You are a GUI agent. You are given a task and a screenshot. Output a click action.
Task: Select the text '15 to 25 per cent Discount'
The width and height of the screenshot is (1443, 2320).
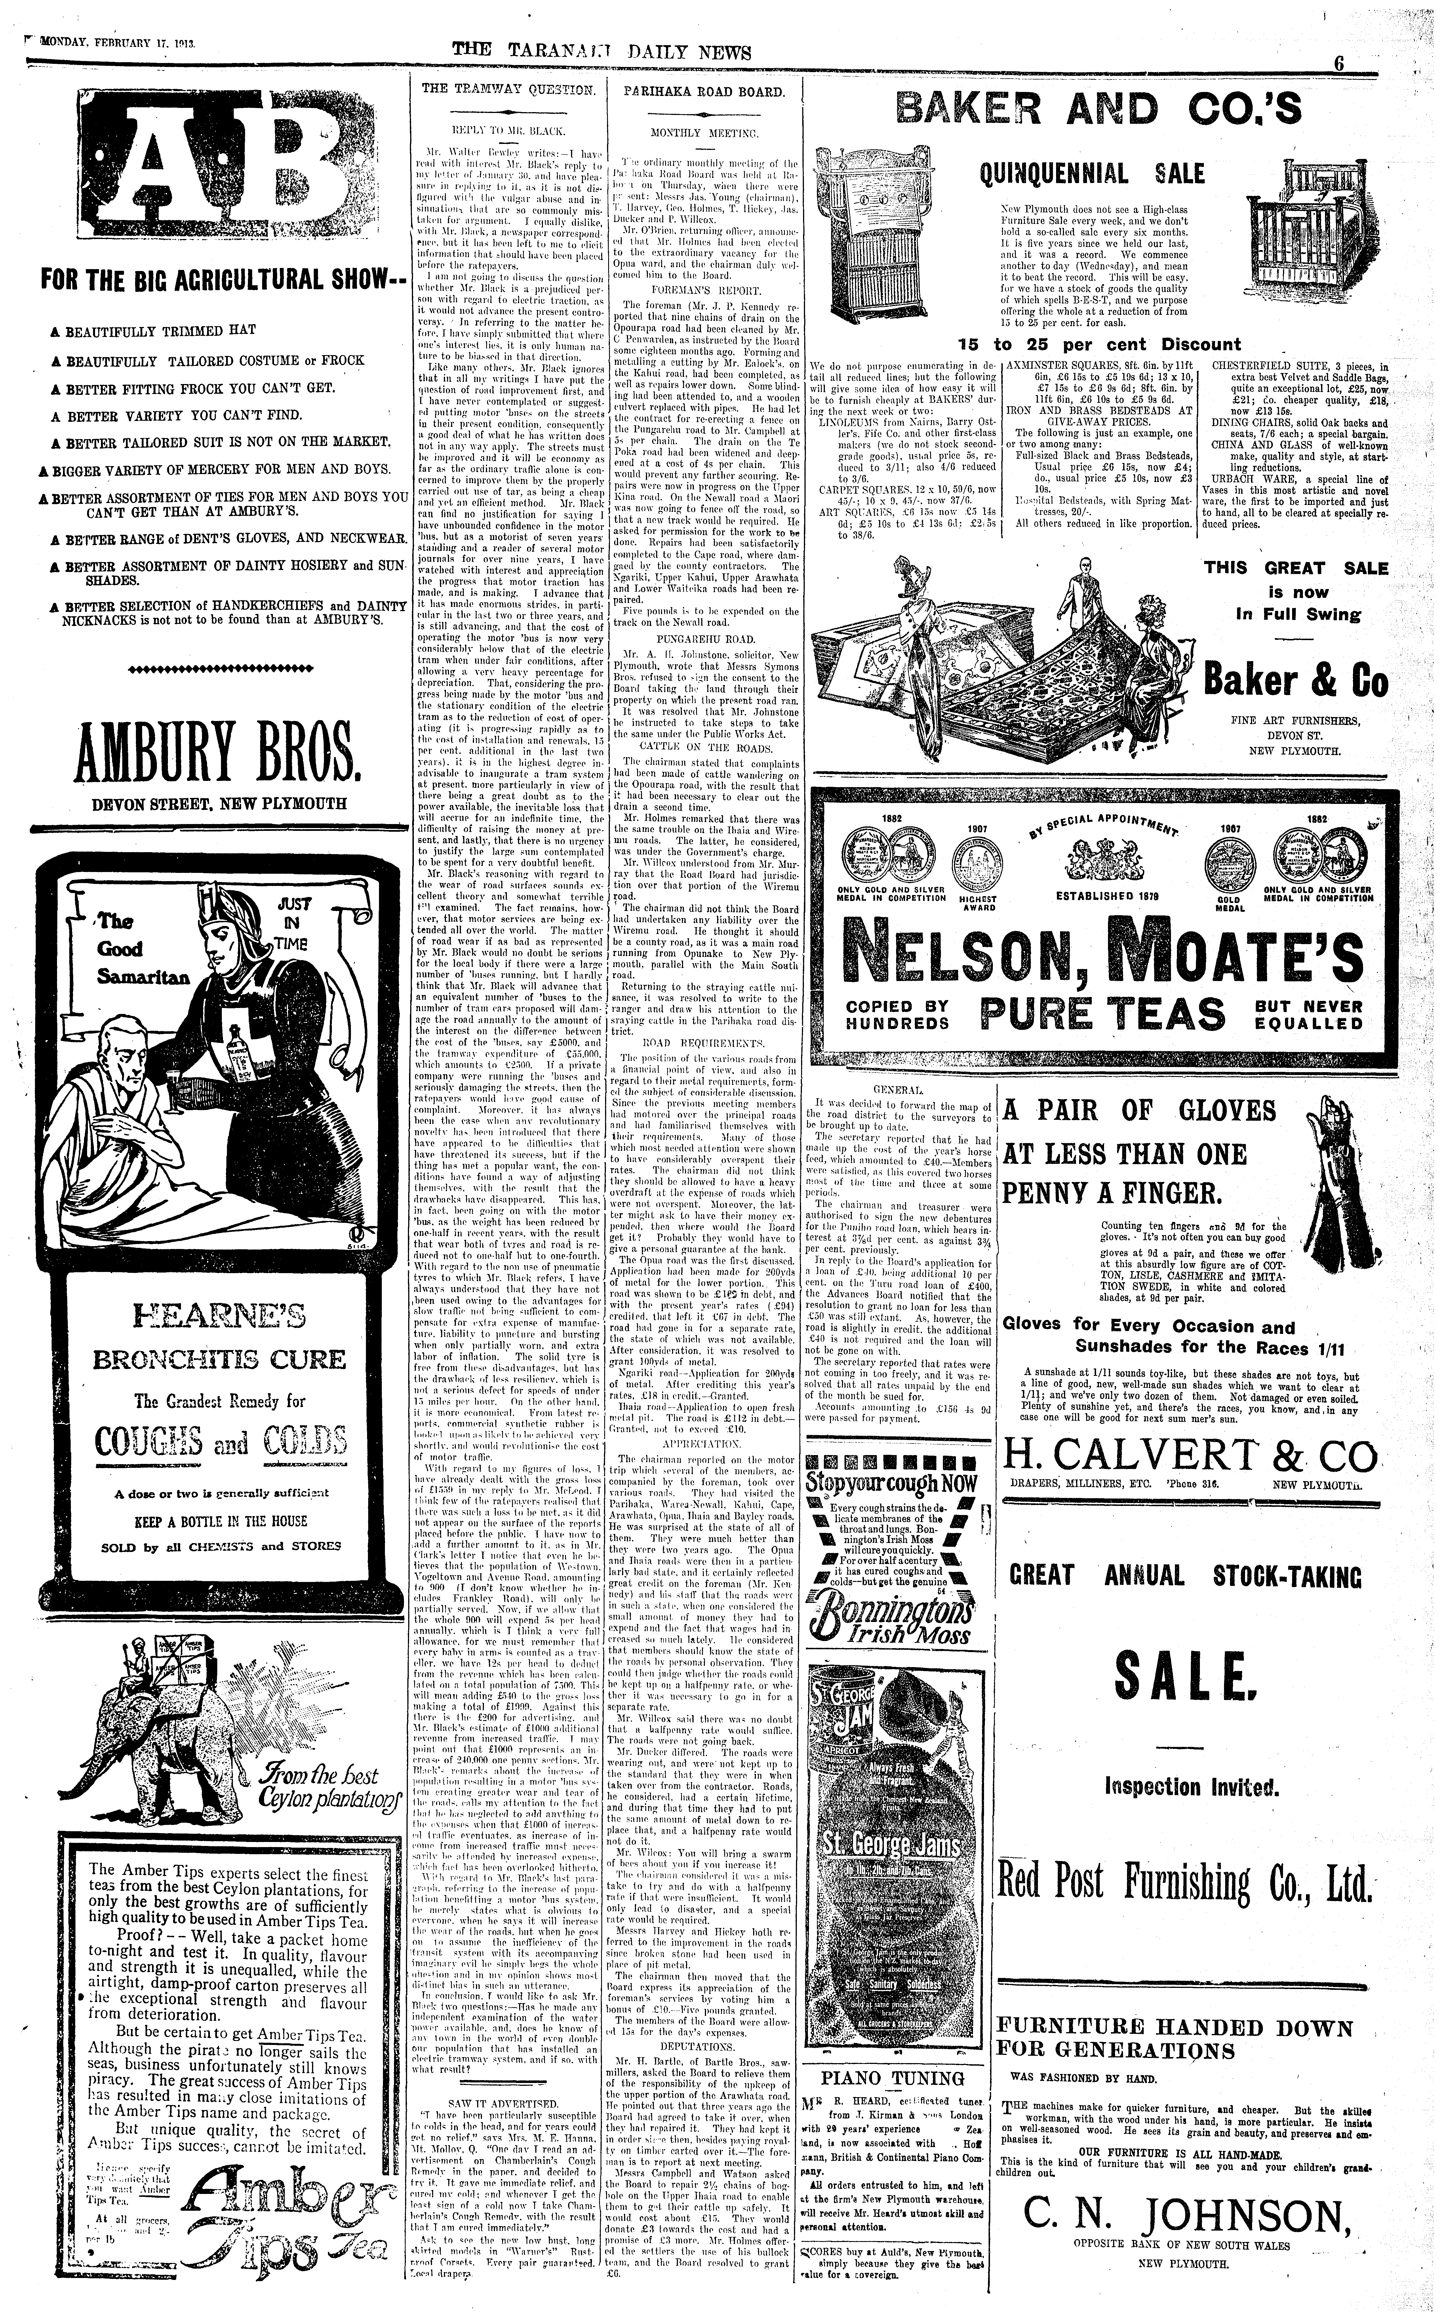coord(1099,345)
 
